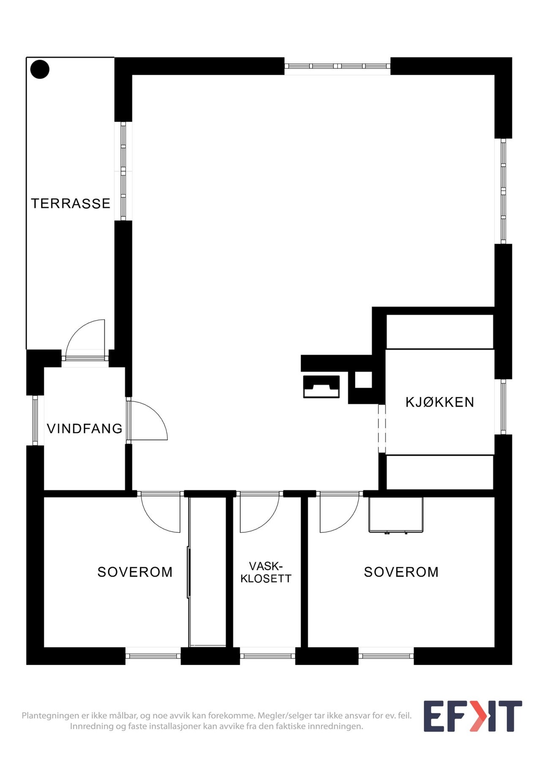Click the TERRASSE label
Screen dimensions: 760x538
(71, 204)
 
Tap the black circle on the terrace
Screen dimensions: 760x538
(40, 69)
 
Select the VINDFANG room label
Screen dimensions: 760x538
(85, 429)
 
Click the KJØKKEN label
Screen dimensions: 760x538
(440, 402)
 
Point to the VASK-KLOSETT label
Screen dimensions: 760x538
(266, 572)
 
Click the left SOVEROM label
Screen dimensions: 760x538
(135, 572)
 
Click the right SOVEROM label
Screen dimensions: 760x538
(401, 572)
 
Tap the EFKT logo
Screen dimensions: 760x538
(472, 716)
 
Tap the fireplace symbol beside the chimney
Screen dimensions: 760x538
(321, 387)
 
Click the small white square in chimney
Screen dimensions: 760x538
(363, 380)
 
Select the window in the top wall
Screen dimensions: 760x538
(337, 66)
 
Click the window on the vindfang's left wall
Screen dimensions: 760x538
(36, 420)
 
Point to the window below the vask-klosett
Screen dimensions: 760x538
(268, 656)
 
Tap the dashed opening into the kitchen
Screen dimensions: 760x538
(382, 429)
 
